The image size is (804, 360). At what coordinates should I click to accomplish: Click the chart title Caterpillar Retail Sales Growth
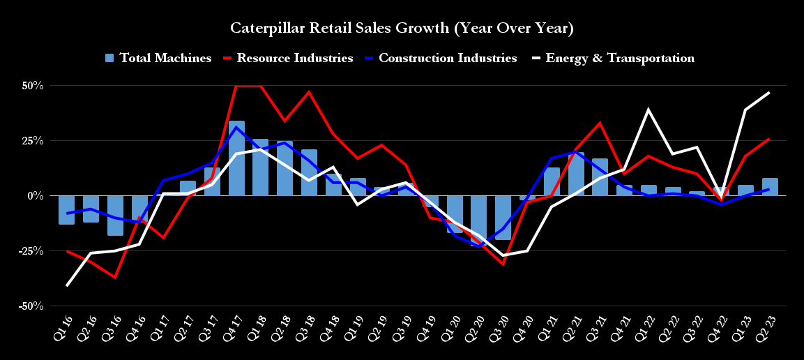(x=402, y=29)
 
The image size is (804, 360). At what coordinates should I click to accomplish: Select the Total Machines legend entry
(x=158, y=58)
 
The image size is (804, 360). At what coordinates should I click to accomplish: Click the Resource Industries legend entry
(x=287, y=58)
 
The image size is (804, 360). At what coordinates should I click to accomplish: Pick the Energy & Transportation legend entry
(x=612, y=58)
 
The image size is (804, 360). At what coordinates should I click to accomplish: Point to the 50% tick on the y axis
(x=32, y=86)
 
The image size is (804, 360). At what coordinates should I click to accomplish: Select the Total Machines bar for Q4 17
(x=236, y=158)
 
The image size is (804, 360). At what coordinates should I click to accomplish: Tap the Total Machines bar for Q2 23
(x=770, y=187)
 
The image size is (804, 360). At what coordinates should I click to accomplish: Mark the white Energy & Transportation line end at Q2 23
(x=770, y=92)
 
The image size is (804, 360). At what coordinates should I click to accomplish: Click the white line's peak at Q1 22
(x=648, y=110)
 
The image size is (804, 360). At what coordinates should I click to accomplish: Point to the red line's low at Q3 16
(x=115, y=278)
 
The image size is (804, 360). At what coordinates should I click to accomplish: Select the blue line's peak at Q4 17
(x=236, y=127)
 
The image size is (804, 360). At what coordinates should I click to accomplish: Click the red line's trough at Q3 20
(x=503, y=264)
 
